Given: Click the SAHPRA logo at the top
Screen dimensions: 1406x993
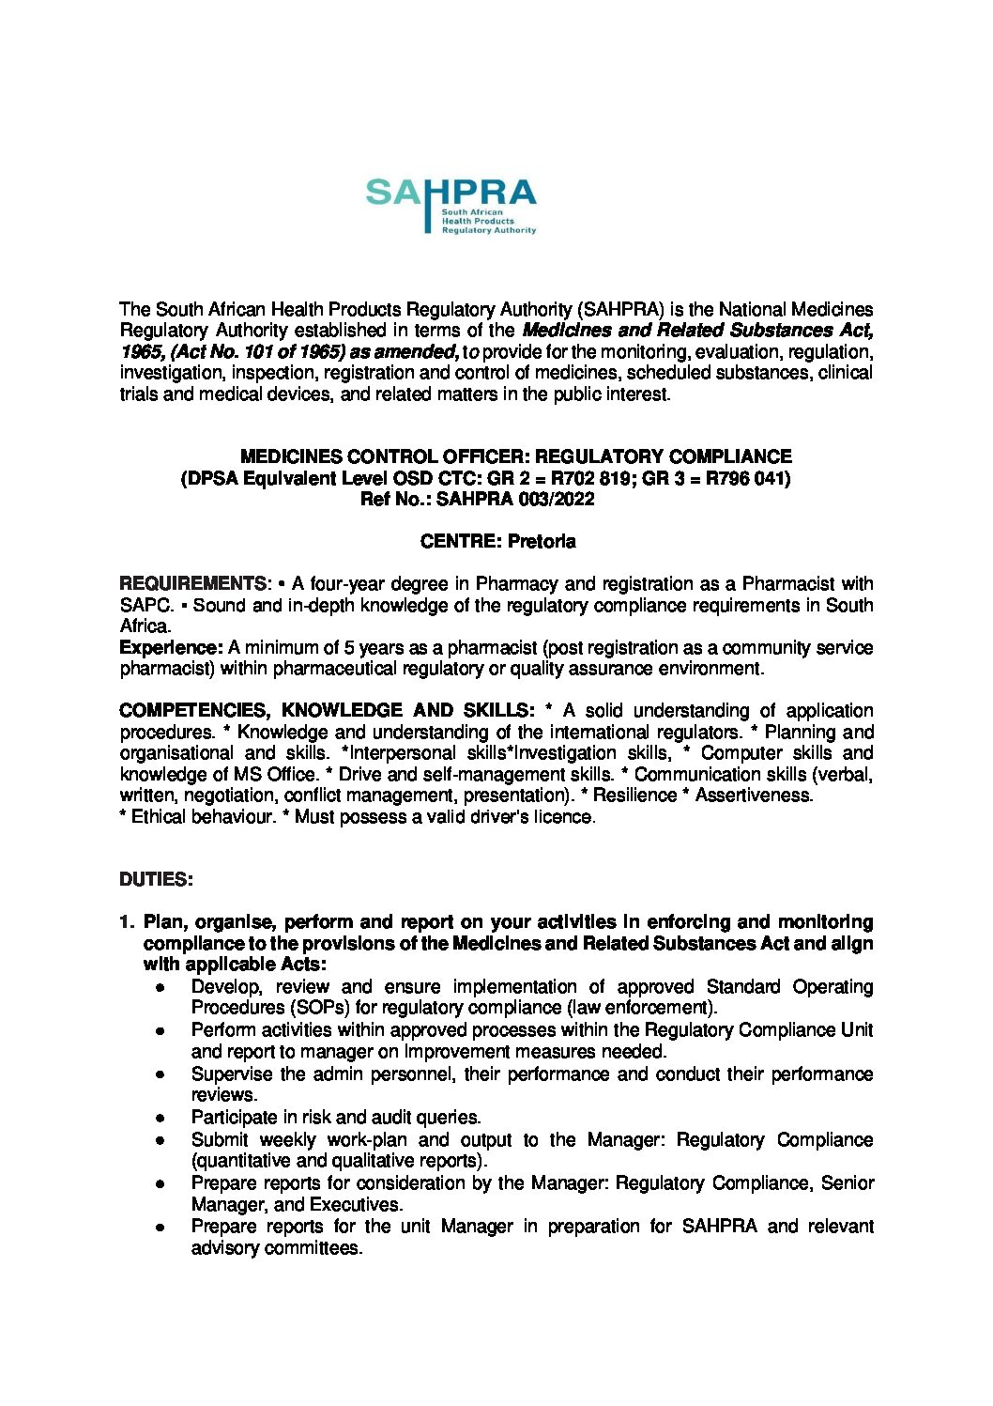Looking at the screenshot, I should [451, 205].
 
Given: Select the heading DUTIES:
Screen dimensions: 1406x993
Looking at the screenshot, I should [156, 880].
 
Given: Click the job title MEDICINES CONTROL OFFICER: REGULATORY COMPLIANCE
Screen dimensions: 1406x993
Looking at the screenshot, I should [515, 457].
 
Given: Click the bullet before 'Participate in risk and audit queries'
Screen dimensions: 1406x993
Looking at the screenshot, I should [161, 1119].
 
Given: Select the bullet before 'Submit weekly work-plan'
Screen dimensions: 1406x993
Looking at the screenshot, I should [161, 1140].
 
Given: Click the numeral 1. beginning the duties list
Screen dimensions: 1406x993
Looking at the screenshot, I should [128, 922].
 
